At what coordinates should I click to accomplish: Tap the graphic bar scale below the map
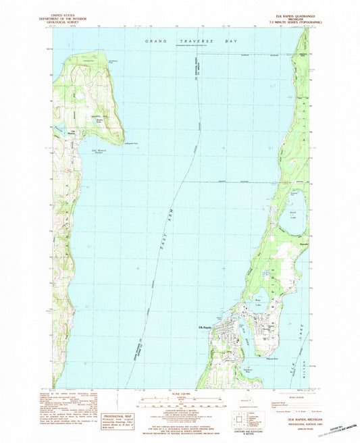[180, 403]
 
